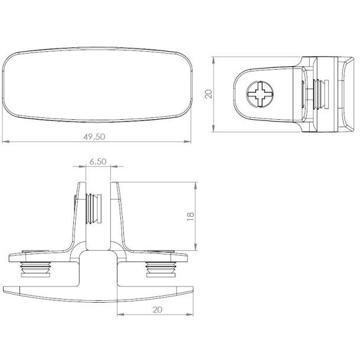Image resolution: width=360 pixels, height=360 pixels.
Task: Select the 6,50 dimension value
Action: pos(98,161)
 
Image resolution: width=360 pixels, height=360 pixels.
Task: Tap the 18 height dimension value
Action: pos(189,216)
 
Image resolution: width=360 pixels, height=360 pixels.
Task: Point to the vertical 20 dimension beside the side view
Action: pos(208,94)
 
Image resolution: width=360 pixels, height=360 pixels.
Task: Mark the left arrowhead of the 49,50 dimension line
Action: pos(5,142)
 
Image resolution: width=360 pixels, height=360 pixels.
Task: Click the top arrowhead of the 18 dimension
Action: pos(195,184)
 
